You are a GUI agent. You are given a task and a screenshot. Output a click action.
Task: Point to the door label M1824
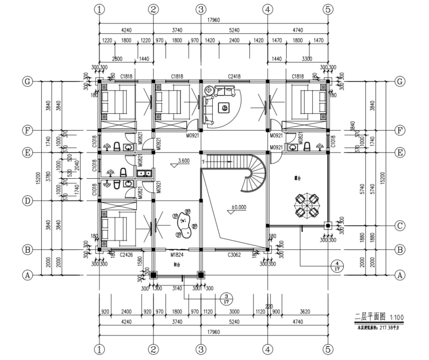[x=176, y=253]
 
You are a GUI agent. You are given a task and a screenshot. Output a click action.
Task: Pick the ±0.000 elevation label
[x=239, y=208]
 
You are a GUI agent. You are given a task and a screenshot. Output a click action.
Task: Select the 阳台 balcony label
[x=176, y=265]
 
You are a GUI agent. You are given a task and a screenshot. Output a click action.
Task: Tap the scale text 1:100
[x=395, y=317]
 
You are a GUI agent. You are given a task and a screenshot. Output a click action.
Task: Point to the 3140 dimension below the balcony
[x=176, y=288]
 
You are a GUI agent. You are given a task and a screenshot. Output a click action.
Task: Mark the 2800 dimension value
[x=117, y=59]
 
